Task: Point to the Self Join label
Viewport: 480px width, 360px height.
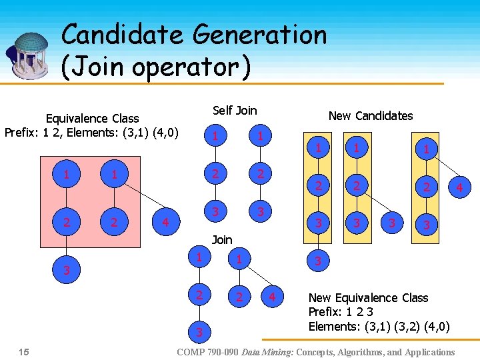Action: click(235, 110)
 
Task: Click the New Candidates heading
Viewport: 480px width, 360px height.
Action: click(371, 115)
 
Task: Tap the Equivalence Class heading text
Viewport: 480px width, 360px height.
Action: click(92, 118)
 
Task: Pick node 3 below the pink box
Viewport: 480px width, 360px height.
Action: click(66, 271)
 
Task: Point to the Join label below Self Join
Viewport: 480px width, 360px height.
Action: click(222, 239)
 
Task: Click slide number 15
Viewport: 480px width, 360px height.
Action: click(25, 351)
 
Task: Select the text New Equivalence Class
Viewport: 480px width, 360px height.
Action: click(368, 297)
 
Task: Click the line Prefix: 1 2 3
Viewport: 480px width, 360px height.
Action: click(341, 312)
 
